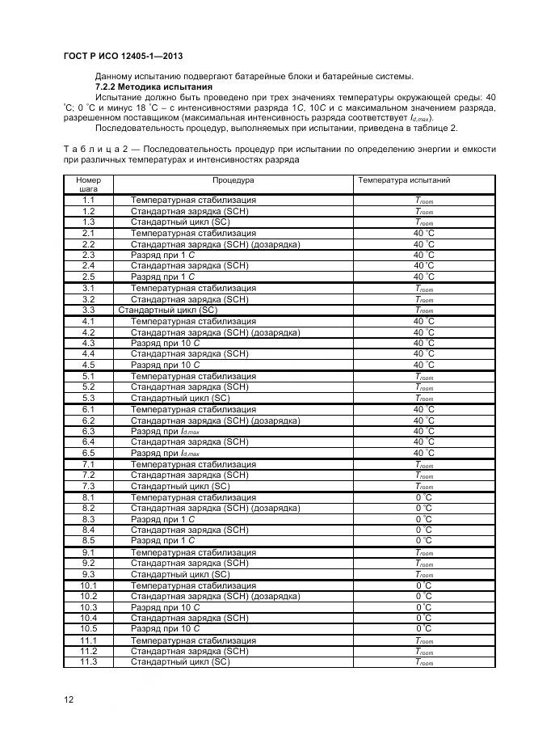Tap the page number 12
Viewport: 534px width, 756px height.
tap(69, 699)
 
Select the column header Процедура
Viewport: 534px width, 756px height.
tap(233, 179)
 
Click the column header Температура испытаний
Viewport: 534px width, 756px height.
tap(404, 179)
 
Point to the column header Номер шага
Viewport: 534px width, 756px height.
tap(88, 184)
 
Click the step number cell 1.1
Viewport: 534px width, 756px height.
tap(88, 200)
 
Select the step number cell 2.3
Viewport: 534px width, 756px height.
tap(88, 255)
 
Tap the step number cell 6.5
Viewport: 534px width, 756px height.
tap(88, 453)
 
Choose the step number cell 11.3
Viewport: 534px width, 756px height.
tap(88, 661)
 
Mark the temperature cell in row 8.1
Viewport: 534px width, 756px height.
tap(423, 497)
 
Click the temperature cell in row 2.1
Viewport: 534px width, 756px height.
tap(423, 233)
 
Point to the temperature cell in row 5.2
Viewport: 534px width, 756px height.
tap(423, 387)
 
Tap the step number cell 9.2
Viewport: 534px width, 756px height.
tap(88, 563)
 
